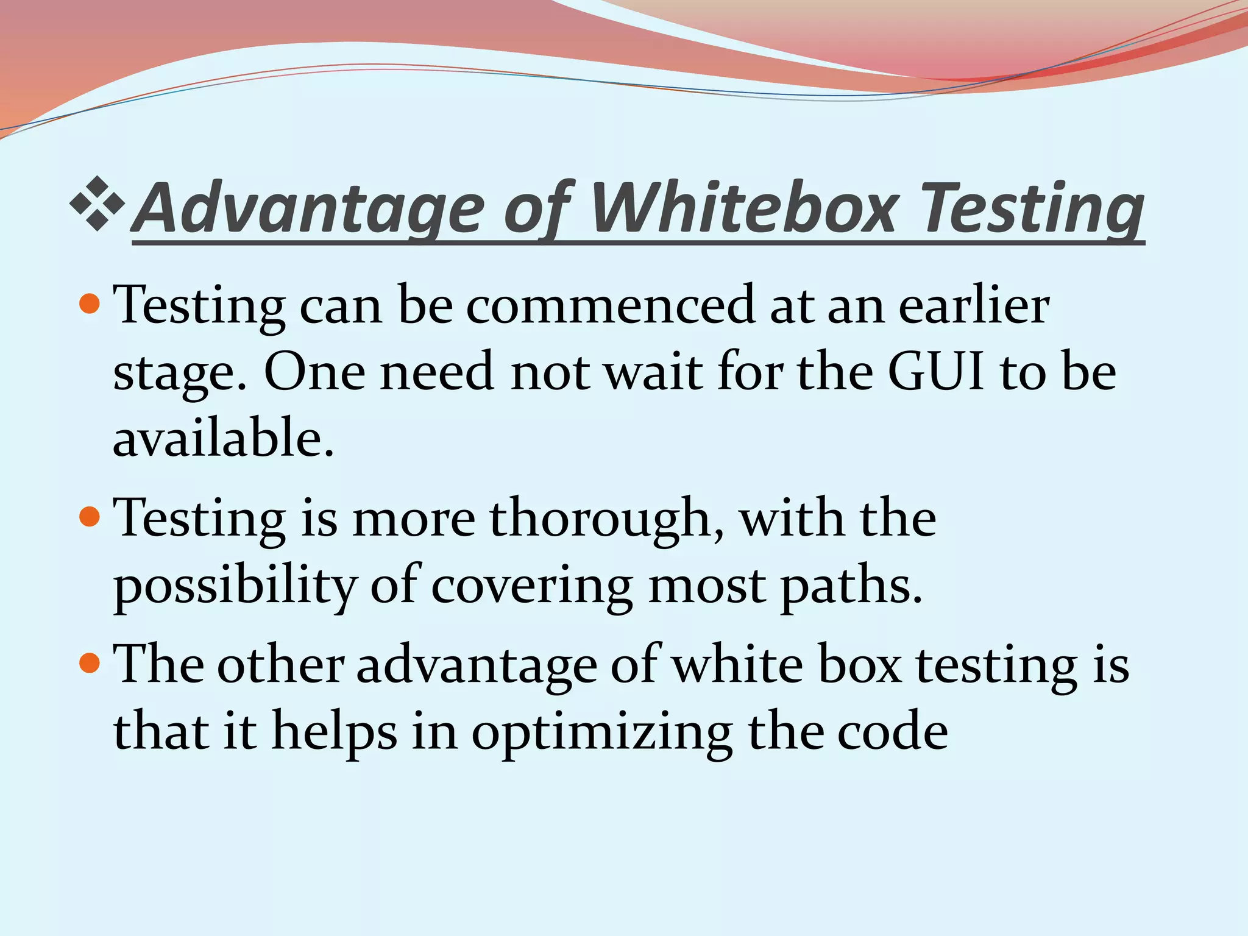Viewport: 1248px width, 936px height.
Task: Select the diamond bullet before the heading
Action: (97, 204)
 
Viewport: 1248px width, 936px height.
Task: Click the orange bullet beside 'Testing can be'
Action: (90, 303)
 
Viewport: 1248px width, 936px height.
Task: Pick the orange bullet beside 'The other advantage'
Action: (90, 662)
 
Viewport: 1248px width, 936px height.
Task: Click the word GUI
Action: (935, 371)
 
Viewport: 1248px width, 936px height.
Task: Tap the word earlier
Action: (974, 305)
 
